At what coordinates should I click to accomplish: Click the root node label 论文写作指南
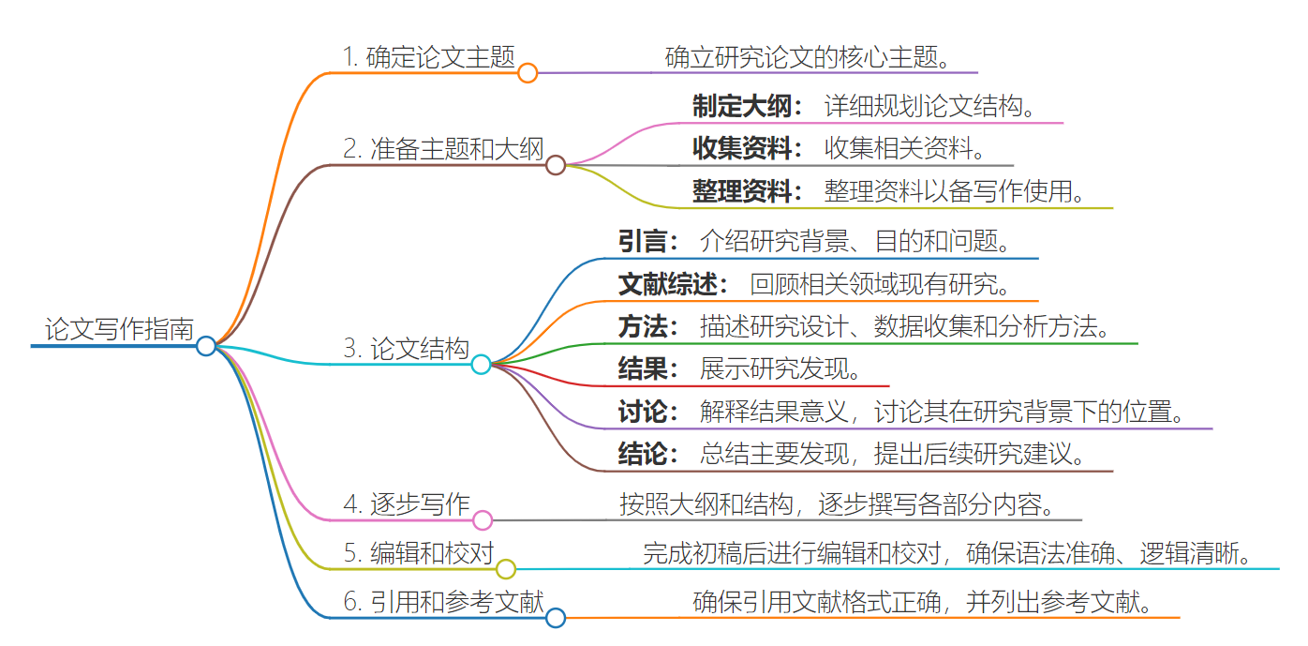point(119,329)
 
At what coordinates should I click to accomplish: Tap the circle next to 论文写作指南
point(206,346)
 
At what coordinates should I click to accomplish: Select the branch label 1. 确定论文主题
point(429,57)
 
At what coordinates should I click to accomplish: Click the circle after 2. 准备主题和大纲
point(556,166)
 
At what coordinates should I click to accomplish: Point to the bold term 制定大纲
point(742,106)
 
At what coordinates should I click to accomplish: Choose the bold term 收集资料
point(742,148)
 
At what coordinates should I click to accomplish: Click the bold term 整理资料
point(742,191)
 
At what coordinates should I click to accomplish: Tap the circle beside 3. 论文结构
point(481,365)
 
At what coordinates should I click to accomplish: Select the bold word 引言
point(642,241)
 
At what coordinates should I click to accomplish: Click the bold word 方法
point(642,326)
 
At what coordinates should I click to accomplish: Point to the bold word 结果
point(642,368)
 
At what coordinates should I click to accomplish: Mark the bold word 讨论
point(642,412)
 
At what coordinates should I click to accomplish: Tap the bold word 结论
point(642,454)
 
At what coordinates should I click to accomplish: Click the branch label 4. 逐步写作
point(407,504)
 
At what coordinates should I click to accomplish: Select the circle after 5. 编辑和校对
point(506,569)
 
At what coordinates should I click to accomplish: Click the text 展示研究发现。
point(780,368)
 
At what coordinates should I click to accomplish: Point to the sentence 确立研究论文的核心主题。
point(809,57)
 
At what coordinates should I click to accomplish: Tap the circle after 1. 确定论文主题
point(528,73)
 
